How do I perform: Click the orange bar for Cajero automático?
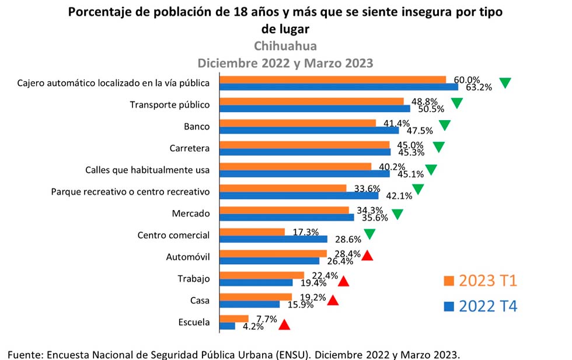333,80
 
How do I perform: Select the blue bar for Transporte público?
315,109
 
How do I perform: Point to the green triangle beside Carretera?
438,147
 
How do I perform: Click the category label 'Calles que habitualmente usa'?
147,170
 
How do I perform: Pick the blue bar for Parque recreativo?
298,195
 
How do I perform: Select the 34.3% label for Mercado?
371,209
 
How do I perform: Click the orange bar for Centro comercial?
252,232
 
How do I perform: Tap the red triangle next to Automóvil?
367,256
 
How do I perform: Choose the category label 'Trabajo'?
193,278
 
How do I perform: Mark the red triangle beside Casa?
333,300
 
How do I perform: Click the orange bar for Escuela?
233,319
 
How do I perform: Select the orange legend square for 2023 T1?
449,281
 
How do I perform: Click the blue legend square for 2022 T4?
449,306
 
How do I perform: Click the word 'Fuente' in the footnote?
25,354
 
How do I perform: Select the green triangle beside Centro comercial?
369,235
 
